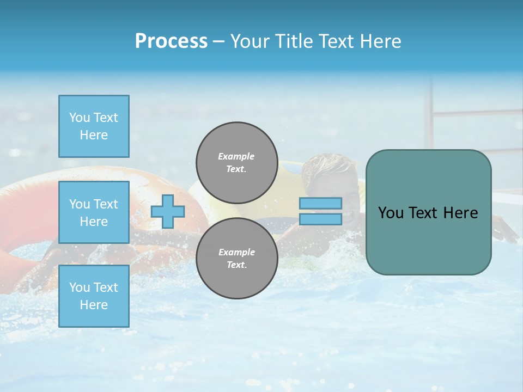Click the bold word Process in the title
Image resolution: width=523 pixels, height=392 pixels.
coord(171,41)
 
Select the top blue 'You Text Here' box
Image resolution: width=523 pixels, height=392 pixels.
coord(94,126)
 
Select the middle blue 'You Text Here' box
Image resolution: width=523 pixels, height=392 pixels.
coord(94,212)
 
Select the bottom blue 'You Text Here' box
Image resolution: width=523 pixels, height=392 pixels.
coord(94,296)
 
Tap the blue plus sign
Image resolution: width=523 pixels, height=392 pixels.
coord(168,211)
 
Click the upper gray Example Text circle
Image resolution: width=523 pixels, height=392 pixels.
coord(236,162)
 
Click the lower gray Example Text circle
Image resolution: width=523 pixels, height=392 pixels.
coord(236,258)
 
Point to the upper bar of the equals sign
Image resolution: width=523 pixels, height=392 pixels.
coord(320,203)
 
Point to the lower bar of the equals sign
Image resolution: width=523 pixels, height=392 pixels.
coord(320,219)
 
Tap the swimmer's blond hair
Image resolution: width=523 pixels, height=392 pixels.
coord(321,166)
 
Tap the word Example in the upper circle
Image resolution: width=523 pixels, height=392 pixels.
coord(236,156)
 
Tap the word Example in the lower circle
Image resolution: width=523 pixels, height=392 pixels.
coord(236,252)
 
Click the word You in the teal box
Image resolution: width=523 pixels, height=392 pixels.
coord(391,213)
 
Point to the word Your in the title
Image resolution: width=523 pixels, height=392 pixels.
coord(250,41)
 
